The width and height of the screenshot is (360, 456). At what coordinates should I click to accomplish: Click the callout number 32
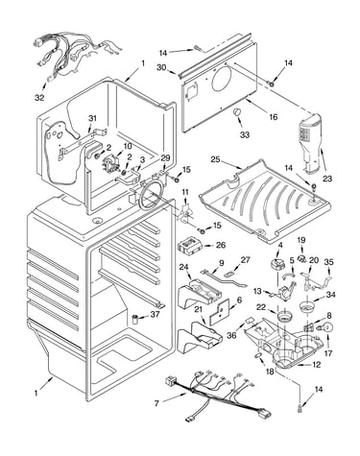(39, 98)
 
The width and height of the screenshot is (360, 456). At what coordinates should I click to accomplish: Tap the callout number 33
(245, 135)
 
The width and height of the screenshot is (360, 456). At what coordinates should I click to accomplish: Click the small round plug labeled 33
(237, 112)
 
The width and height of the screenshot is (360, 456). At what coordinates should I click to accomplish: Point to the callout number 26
(221, 246)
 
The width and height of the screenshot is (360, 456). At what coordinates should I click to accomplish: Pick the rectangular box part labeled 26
(190, 247)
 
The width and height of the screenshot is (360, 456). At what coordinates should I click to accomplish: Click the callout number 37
(155, 315)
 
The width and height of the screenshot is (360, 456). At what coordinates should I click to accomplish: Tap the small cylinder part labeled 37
(135, 320)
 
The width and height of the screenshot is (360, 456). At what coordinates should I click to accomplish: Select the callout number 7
(156, 404)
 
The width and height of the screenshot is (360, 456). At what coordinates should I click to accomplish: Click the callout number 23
(327, 179)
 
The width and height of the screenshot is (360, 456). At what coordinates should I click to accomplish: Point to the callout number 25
(216, 159)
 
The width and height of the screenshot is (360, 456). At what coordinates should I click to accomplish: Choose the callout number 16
(273, 117)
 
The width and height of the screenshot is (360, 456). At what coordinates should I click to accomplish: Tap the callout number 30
(161, 67)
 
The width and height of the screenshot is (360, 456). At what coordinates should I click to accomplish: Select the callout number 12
(316, 365)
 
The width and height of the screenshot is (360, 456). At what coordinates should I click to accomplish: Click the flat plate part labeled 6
(220, 313)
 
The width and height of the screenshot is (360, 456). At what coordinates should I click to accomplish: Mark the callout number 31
(92, 118)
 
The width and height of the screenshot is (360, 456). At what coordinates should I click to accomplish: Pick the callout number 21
(199, 309)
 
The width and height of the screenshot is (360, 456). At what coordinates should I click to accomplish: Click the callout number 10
(127, 146)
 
